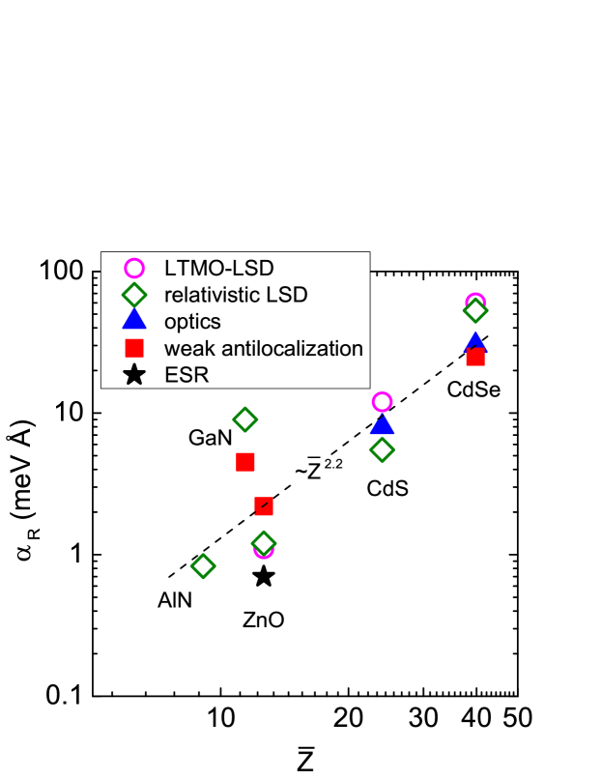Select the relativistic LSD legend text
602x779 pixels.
[236, 295]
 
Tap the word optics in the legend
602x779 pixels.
[192, 322]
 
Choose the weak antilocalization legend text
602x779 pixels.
[264, 348]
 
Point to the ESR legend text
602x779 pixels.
[186, 374]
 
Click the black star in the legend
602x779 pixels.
[134, 374]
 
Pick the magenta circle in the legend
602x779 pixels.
[134, 269]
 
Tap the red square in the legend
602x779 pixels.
[134, 348]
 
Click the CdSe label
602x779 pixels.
[473, 390]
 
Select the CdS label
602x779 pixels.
[387, 488]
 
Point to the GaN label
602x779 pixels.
[210, 438]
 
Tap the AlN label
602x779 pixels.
[175, 600]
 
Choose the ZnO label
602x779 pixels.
[263, 620]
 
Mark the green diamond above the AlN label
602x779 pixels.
[202, 565]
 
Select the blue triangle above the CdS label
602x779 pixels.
[382, 424]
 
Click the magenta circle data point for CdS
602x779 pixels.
[382, 402]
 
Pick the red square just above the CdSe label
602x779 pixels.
[474, 358]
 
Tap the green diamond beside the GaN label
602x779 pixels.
[245, 419]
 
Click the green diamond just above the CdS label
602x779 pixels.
[382, 449]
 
